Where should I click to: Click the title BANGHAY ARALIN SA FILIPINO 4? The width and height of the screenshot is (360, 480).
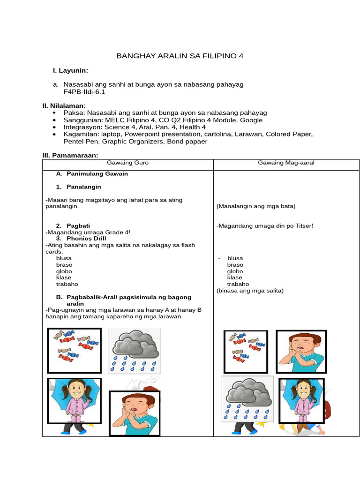[x=180, y=56]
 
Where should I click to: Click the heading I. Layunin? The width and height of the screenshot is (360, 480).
[x=71, y=71]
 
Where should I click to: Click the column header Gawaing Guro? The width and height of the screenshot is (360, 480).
[x=128, y=163]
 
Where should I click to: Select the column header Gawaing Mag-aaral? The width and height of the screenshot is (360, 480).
[x=286, y=163]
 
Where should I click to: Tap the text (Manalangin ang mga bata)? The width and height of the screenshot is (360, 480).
[x=256, y=206]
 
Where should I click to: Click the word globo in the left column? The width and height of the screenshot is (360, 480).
[x=64, y=271]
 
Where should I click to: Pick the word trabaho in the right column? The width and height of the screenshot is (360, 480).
[x=238, y=284]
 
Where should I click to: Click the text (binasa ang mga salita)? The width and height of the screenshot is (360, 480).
[x=250, y=291]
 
